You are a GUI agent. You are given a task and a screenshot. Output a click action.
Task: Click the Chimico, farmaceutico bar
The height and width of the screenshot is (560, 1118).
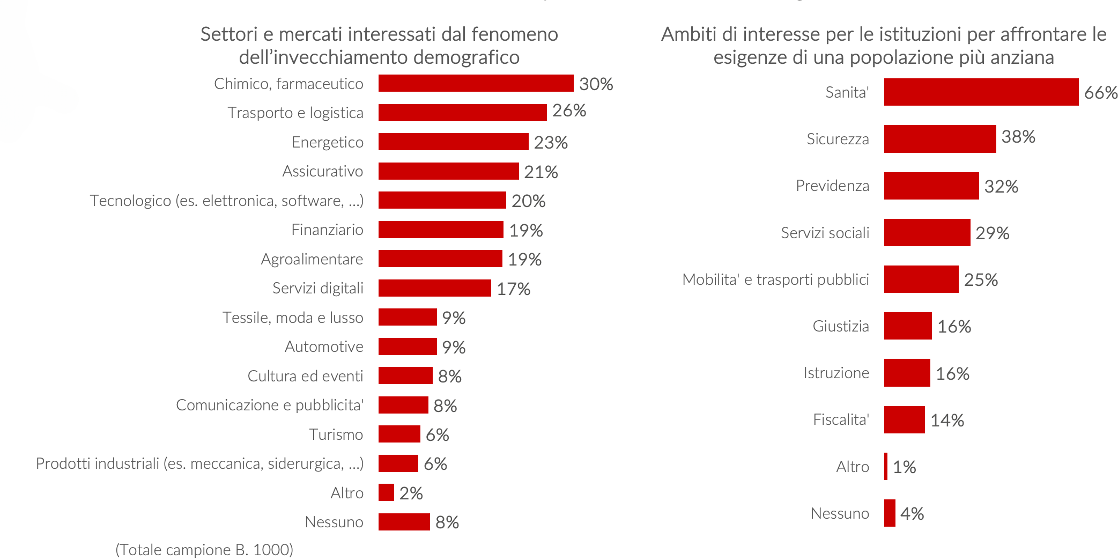pos(476,83)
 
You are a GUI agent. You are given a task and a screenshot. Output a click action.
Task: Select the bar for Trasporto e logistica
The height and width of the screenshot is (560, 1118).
pos(462,113)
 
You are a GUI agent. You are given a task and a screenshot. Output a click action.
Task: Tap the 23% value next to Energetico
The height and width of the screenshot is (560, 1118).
pos(551,143)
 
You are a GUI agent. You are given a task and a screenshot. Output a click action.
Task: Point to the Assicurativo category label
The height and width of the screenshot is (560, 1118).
pos(322,171)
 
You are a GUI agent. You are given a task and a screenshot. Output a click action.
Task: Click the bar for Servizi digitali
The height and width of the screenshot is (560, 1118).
pos(434,288)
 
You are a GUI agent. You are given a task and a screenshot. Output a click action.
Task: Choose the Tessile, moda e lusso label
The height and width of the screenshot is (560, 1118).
pos(293,318)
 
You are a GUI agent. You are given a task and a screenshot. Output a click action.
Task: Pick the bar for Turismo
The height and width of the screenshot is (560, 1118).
pos(399,434)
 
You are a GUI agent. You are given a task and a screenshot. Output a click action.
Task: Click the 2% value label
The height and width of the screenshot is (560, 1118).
pos(411,493)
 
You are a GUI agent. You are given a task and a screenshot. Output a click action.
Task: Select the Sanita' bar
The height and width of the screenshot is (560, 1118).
pos(981,92)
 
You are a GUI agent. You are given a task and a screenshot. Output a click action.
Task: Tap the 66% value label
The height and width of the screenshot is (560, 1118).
pos(1100,93)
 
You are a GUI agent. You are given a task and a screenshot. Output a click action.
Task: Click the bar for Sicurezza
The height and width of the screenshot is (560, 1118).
pos(939,139)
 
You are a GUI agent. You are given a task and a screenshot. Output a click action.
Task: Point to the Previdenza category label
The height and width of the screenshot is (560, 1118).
pos(832,186)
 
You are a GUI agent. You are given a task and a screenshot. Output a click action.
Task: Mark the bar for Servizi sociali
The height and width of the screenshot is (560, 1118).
pos(927,232)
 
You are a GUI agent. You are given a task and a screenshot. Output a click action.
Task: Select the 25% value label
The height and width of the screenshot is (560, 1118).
pos(981,280)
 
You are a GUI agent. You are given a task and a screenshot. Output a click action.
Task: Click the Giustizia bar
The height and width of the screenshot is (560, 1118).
pos(907,326)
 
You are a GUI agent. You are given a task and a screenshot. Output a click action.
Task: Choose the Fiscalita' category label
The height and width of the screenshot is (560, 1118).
pos(841,419)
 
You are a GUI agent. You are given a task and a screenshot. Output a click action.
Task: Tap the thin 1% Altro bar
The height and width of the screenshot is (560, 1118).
pos(886,466)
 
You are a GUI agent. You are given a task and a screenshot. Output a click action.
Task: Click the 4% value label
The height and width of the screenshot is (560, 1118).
pos(912,514)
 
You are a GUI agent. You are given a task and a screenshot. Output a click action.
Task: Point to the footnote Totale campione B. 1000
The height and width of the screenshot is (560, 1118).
pos(204,550)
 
